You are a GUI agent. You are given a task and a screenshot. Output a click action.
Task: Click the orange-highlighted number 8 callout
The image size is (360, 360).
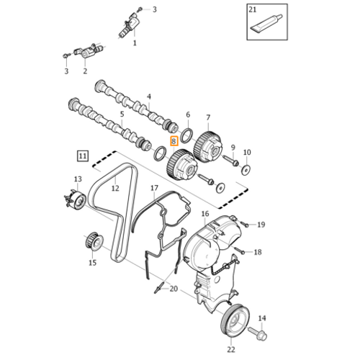174,141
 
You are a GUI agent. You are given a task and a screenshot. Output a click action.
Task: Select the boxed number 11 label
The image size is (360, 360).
83,156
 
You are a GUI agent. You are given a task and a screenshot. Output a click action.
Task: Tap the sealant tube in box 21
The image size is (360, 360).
266,23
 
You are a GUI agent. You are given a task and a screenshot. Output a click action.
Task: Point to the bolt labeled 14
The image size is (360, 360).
258,333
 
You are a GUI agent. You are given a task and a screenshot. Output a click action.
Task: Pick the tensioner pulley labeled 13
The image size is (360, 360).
76,200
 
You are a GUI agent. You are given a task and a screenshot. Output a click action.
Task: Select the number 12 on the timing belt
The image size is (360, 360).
115,188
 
